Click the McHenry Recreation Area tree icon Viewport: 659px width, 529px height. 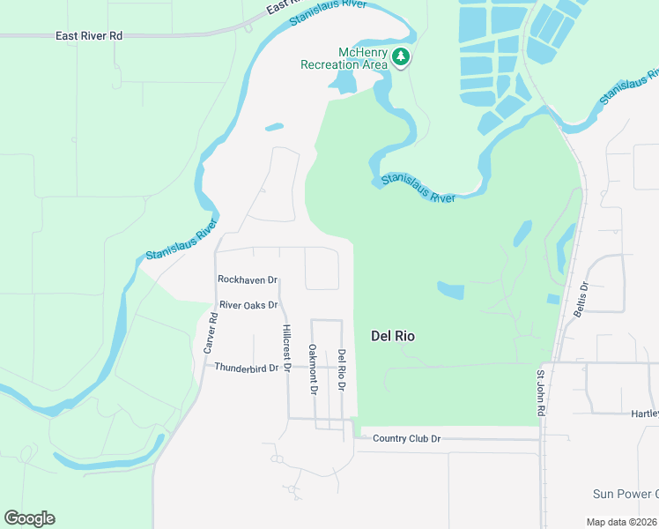click(x=402, y=57)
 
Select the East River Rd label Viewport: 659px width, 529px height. click(x=88, y=36)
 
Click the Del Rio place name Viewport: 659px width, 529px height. click(x=393, y=336)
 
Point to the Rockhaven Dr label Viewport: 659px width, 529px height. click(x=248, y=279)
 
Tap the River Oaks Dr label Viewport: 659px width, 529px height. click(x=248, y=305)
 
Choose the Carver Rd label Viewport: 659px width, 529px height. click(x=211, y=333)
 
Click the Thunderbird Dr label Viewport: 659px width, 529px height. click(x=246, y=368)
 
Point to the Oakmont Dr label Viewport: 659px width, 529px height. click(x=313, y=369)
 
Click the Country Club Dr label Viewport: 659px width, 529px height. click(x=405, y=438)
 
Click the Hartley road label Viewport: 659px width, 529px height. click(x=644, y=414)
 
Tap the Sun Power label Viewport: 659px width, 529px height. click(x=625, y=494)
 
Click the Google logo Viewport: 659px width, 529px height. click(x=29, y=518)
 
